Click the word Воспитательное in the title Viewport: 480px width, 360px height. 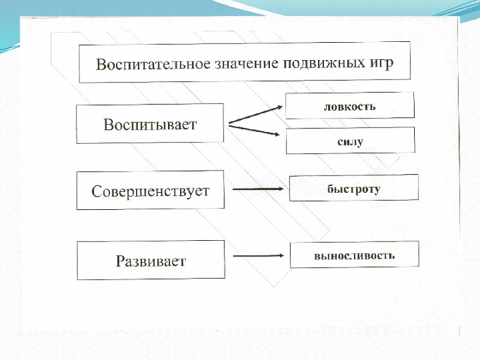click(153, 64)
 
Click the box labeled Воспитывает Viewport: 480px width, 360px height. click(150, 123)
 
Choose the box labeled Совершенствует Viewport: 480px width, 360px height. click(150, 190)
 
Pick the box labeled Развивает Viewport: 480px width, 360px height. click(151, 260)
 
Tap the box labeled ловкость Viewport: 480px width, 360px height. click(350, 106)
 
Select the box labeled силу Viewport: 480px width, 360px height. click(350, 140)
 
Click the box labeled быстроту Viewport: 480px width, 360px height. click(354, 188)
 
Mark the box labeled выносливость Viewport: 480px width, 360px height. click(355, 254)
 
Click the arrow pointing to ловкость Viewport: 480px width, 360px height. click(256, 115)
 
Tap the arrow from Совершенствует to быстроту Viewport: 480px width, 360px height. click(258, 189)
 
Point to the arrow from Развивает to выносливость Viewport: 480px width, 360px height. click(259, 256)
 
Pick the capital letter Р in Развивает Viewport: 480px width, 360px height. click(121, 261)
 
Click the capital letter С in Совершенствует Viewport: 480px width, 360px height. click(97, 191)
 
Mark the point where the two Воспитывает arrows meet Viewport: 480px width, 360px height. click(229, 124)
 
